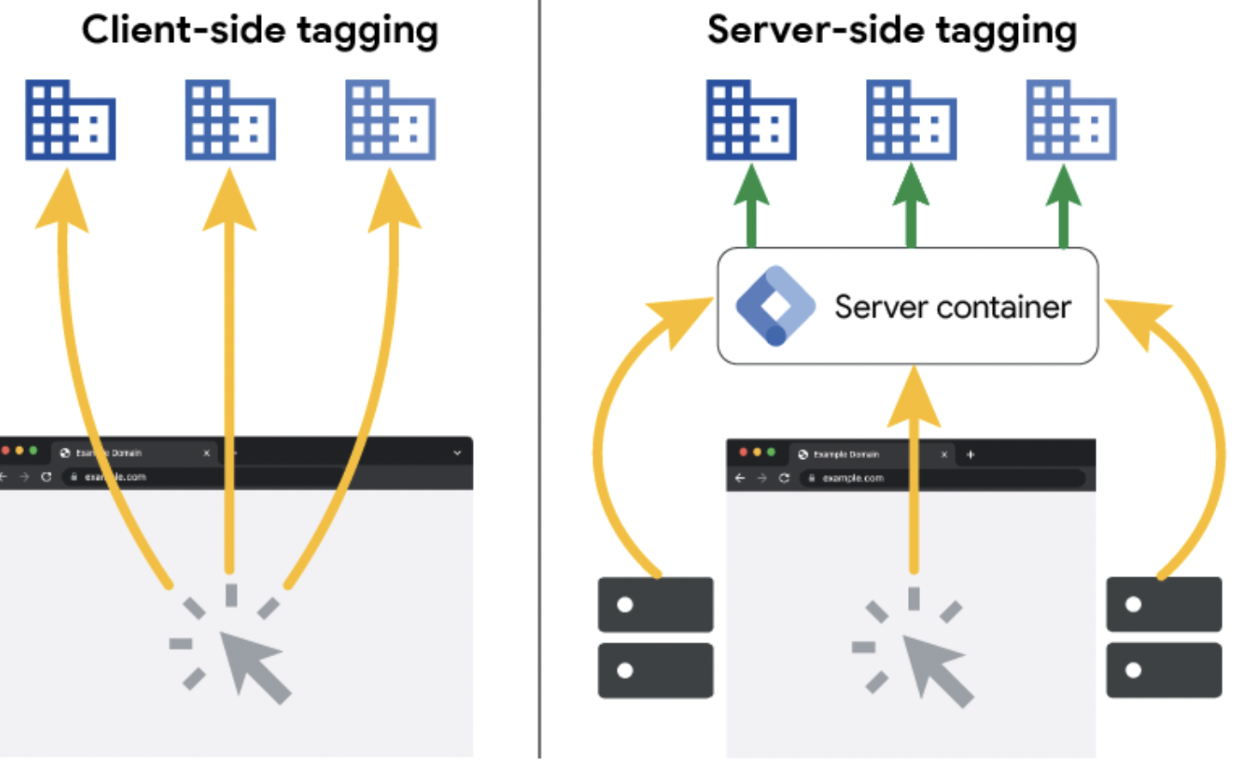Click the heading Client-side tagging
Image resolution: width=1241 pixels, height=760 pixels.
pyautogui.click(x=259, y=30)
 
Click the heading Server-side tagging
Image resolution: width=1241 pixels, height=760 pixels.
pyautogui.click(x=892, y=30)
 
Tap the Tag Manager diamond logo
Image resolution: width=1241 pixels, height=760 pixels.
pyautogui.click(x=775, y=306)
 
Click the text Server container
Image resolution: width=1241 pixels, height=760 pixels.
pyautogui.click(x=953, y=307)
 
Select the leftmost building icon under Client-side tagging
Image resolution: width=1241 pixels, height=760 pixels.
pyautogui.click(x=70, y=120)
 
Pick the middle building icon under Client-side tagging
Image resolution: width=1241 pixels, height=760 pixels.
pyautogui.click(x=230, y=120)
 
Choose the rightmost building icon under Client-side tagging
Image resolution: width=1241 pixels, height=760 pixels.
pyautogui.click(x=390, y=120)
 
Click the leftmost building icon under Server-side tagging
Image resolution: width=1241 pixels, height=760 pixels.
pyautogui.click(x=751, y=120)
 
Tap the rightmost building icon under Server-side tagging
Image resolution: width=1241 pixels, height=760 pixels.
pyautogui.click(x=1071, y=120)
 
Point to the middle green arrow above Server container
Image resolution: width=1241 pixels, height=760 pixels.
pyautogui.click(x=911, y=206)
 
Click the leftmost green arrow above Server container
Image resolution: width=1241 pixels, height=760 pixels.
pyautogui.click(x=751, y=206)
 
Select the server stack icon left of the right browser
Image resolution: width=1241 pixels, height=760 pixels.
pyautogui.click(x=656, y=637)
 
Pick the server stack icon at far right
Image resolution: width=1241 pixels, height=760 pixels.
pyautogui.click(x=1164, y=637)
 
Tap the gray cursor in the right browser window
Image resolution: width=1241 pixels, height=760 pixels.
pyautogui.click(x=935, y=667)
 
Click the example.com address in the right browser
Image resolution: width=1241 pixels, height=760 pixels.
pyautogui.click(x=852, y=478)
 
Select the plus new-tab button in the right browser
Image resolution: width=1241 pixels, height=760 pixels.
pyautogui.click(x=971, y=455)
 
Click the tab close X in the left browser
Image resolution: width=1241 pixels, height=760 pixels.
pyautogui.click(x=207, y=453)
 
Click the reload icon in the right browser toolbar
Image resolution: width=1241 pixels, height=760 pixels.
pyautogui.click(x=784, y=478)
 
